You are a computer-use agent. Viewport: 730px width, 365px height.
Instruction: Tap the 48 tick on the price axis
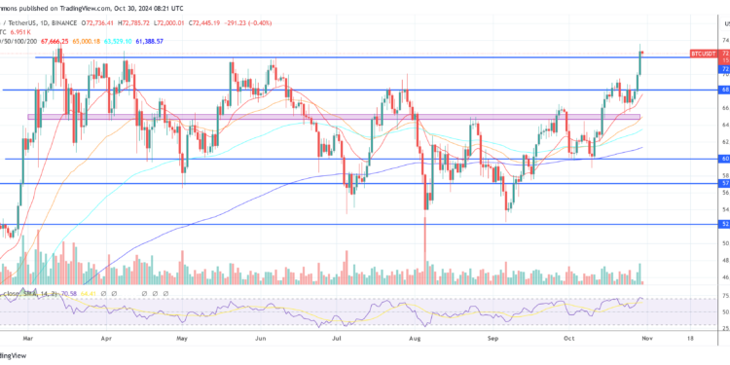[x=725, y=260]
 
